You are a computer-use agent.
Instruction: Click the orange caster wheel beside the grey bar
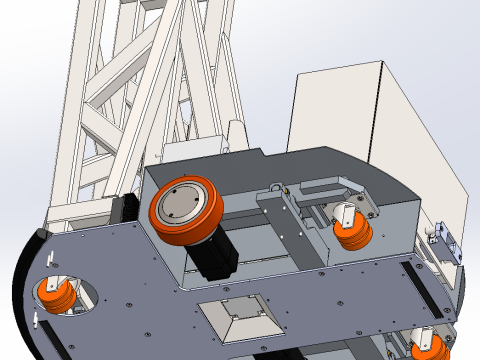pyautogui.click(x=354, y=234)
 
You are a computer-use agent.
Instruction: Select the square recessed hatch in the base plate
pyautogui.click(x=238, y=317)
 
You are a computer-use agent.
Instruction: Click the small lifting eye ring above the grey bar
pyautogui.click(x=280, y=186)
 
